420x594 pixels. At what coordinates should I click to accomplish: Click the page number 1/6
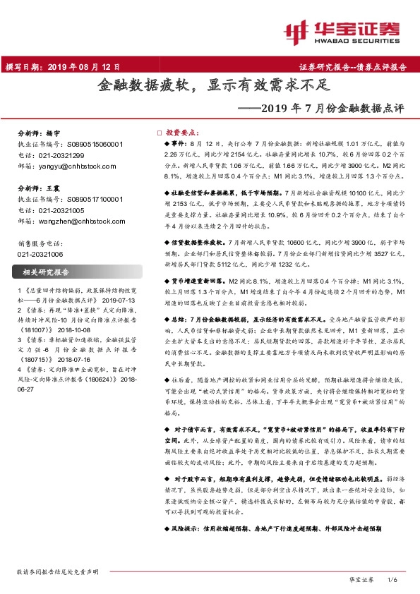point(393,578)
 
